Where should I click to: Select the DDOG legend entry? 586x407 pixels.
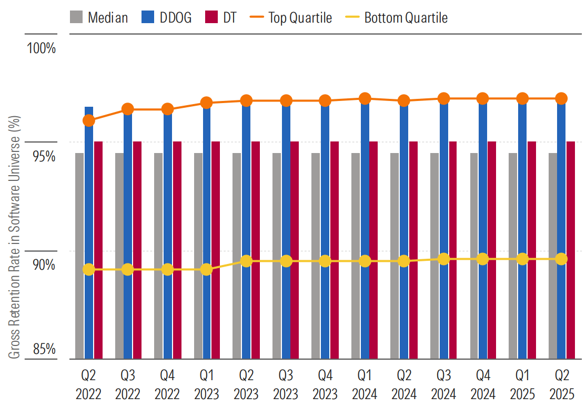point(166,17)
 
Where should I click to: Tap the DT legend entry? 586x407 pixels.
point(221,17)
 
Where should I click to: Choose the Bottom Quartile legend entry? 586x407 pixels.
point(397,17)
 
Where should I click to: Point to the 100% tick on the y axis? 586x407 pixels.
point(42,49)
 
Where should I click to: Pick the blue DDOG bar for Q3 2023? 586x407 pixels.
point(286,231)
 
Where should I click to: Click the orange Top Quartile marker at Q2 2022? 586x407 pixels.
point(89,120)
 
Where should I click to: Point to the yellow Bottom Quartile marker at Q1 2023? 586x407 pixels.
point(207,270)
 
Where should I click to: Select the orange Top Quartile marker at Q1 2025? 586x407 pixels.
point(522,98)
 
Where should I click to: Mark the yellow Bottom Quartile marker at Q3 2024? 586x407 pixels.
point(443,259)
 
